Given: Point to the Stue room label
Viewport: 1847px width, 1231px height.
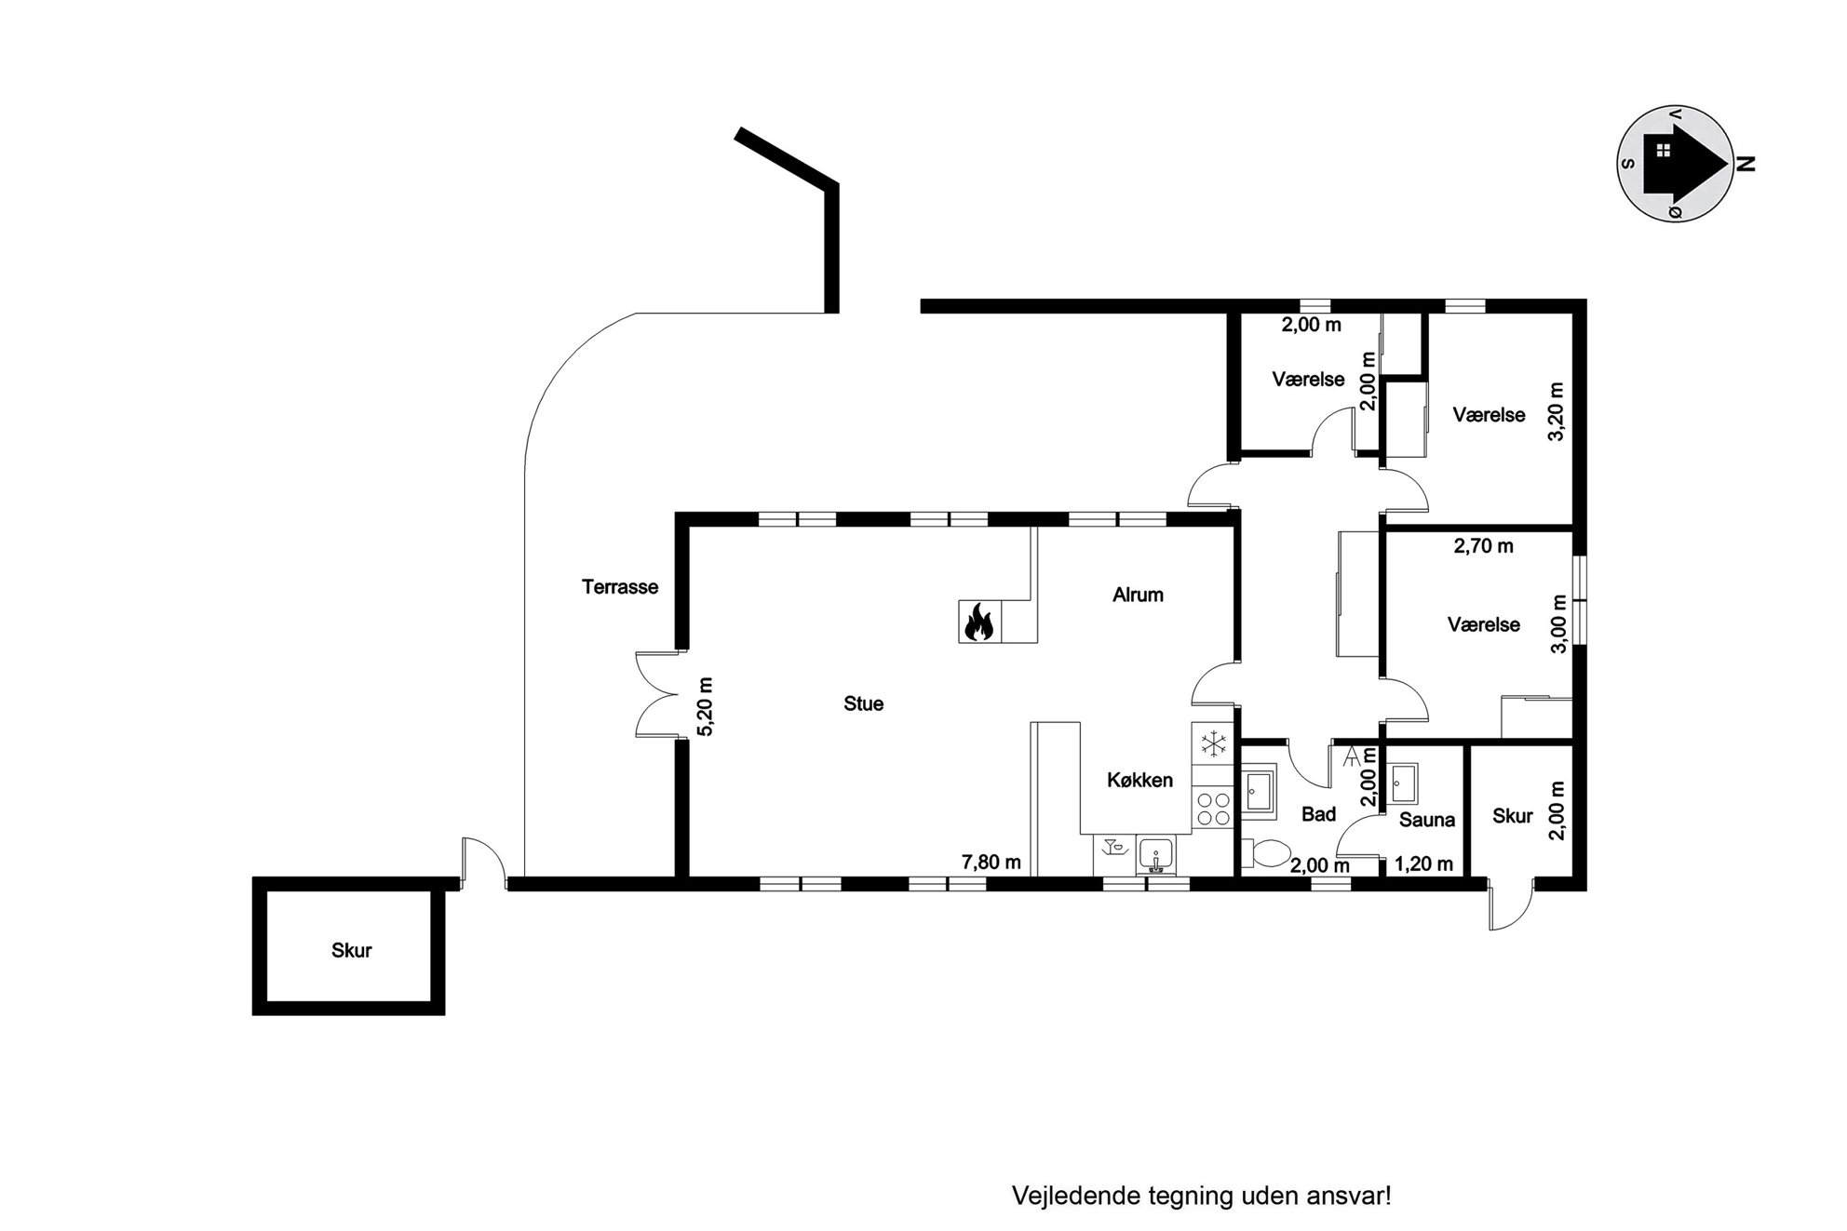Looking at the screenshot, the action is point(863,703).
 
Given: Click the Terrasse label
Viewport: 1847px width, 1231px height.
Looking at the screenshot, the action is point(620,587).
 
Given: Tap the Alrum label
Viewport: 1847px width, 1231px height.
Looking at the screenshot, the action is point(1138,595).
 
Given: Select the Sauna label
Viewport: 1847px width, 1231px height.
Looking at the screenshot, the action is point(1427,820).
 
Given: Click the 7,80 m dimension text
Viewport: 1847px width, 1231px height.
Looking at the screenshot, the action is point(991,863).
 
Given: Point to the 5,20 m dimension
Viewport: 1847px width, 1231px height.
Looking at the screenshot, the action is point(705,706).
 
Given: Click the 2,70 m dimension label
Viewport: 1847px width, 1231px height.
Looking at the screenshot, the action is point(1484,546).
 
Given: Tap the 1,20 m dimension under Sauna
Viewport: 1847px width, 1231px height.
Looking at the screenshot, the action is point(1423,864).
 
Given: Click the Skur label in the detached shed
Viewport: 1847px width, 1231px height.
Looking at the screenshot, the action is point(351,950).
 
